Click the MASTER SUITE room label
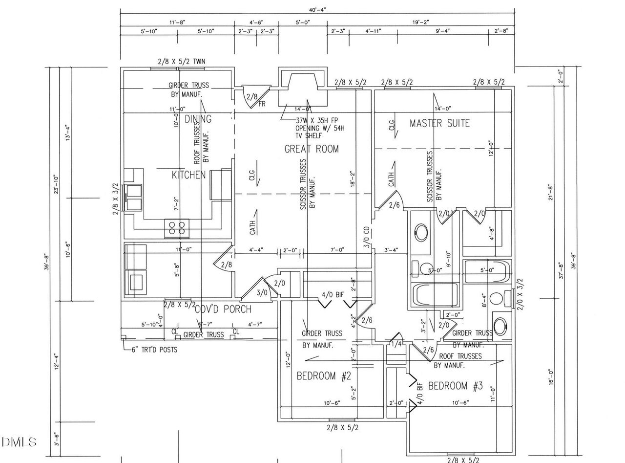click(439, 123)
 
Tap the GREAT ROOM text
click(312, 149)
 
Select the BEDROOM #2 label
click(324, 376)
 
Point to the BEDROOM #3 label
click(455, 386)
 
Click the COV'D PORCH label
click(223, 309)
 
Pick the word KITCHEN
click(188, 175)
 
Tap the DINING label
click(198, 119)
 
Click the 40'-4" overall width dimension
click(317, 9)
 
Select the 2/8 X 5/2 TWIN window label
click(181, 62)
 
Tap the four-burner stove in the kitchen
click(177, 228)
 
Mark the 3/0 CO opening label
click(366, 238)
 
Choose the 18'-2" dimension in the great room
click(353, 179)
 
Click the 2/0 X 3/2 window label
click(520, 294)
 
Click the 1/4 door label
click(396, 344)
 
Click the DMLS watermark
click(19, 442)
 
